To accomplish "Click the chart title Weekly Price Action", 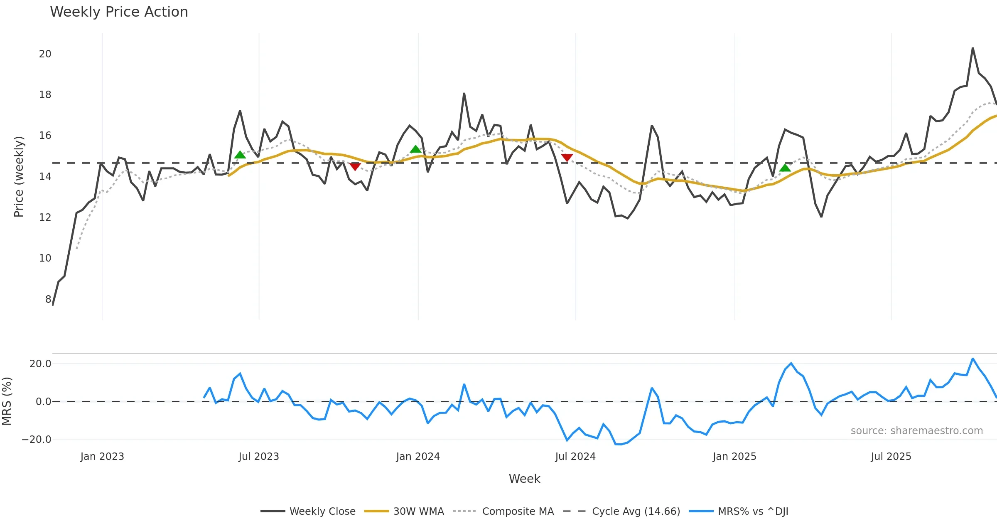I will [x=119, y=12].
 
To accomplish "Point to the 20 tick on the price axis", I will [x=45, y=54].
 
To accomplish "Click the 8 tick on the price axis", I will [x=48, y=299].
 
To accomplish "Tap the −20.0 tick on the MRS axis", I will [x=37, y=440].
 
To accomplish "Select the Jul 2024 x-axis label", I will [x=575, y=457].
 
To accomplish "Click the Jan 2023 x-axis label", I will [x=102, y=457].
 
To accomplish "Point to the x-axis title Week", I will [x=524, y=479].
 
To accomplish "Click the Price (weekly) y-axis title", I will [x=19, y=177].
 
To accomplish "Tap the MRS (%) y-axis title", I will [x=7, y=401].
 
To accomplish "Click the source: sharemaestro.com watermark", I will [x=916, y=431].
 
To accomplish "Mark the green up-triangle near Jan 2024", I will [x=415, y=149].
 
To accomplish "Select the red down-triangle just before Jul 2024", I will [x=567, y=157].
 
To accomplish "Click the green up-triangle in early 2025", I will [x=785, y=168].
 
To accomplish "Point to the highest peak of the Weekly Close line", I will [x=972, y=48].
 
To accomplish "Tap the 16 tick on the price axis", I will [x=45, y=136].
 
